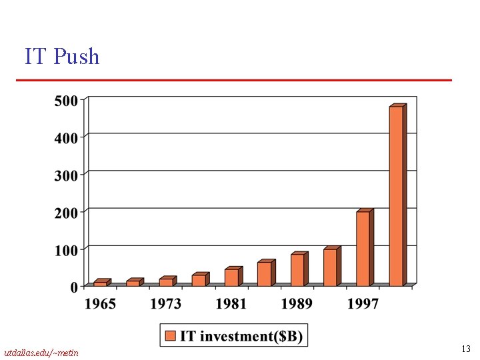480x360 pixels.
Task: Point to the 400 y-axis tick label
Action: [x=66, y=137]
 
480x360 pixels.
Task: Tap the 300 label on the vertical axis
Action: [x=66, y=175]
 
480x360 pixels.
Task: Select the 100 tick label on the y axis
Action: [x=66, y=249]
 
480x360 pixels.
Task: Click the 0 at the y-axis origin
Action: [x=74, y=287]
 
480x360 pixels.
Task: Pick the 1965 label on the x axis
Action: [x=99, y=304]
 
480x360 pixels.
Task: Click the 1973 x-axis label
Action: [x=165, y=304]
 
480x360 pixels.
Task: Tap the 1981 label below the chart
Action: [x=231, y=304]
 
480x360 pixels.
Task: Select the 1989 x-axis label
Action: [x=297, y=304]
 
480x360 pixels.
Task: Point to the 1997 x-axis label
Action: [x=363, y=304]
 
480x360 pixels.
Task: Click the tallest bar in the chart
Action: [x=396, y=196]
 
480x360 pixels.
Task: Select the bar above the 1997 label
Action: [x=363, y=249]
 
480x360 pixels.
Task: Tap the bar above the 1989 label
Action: [x=297, y=269]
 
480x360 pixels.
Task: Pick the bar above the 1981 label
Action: [x=231, y=277]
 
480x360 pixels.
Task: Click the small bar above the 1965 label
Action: [x=100, y=283]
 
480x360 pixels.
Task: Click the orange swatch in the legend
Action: [x=170, y=335]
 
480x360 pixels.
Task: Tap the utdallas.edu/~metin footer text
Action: [x=41, y=352]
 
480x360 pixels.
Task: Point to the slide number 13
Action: [x=466, y=349]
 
